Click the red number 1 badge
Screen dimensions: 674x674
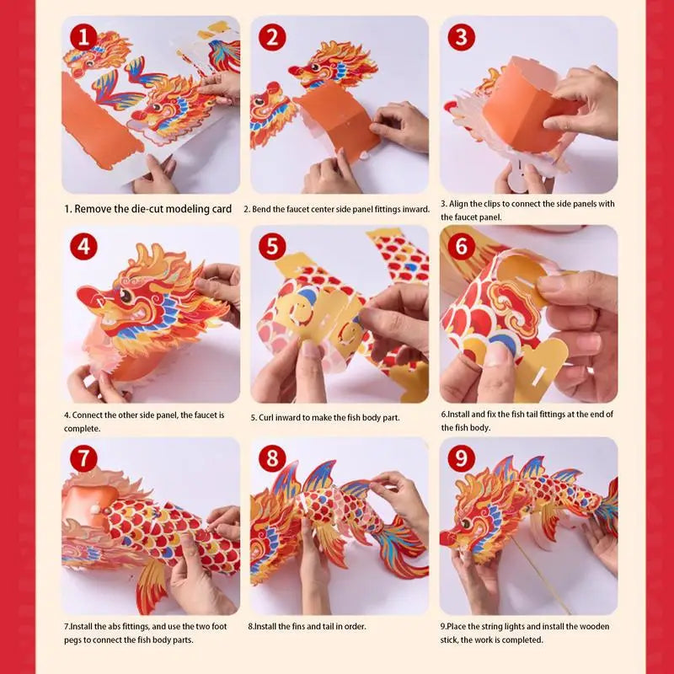coord(83,37)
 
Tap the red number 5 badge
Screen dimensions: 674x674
coord(272,246)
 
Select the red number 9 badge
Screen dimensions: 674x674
coord(461,458)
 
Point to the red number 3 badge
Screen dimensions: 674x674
coord(461,37)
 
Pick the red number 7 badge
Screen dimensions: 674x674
coord(83,458)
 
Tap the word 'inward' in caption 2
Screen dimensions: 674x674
coord(415,209)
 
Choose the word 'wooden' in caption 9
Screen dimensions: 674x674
coord(594,626)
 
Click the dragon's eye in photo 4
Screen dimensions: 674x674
coord(126,295)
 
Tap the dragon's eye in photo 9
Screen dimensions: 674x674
coord(466,523)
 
